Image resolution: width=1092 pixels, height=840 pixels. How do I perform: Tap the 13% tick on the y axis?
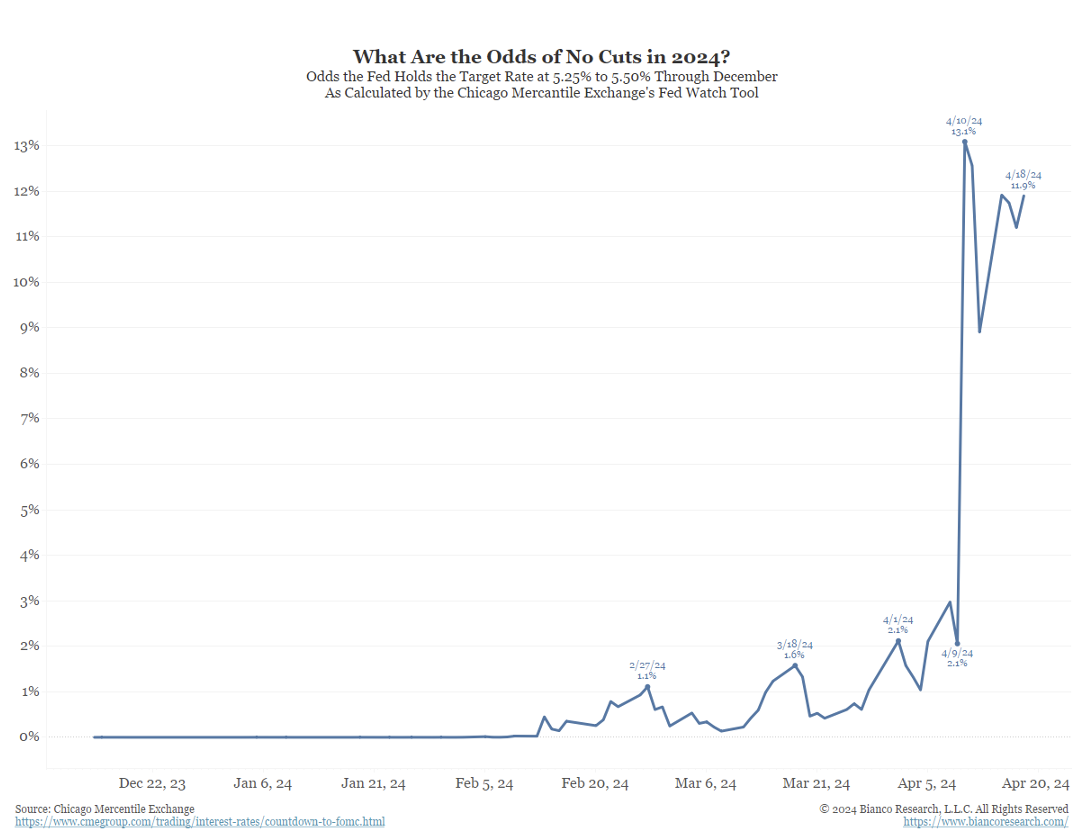(x=26, y=145)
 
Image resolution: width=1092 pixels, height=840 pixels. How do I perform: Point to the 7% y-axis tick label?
(x=26, y=418)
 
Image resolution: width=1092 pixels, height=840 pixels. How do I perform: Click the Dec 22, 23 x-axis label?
(x=152, y=784)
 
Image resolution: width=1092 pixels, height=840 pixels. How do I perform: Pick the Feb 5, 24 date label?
(x=483, y=784)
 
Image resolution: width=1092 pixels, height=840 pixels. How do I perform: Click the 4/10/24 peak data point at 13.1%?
(x=965, y=142)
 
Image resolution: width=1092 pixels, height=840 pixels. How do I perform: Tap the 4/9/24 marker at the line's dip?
(x=957, y=644)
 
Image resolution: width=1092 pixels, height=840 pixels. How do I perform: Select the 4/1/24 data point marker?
(x=898, y=640)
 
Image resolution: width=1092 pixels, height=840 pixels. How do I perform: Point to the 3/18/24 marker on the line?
(x=795, y=665)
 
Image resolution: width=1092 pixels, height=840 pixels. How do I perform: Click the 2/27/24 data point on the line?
(x=648, y=686)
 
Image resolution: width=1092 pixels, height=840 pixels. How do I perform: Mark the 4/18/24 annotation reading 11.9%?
(x=1023, y=180)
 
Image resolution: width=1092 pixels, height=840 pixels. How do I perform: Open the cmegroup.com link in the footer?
(x=200, y=822)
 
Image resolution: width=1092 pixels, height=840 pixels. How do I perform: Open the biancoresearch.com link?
(x=985, y=822)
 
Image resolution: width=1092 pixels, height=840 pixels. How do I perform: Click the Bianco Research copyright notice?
(x=943, y=808)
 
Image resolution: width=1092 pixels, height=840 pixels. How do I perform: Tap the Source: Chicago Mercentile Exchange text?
(x=105, y=808)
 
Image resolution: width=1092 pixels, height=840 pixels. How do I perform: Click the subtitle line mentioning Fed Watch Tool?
(x=542, y=93)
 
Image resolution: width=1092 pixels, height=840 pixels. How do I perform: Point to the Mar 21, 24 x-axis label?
(x=816, y=784)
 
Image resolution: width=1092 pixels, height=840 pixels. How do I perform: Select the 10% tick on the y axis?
(x=26, y=282)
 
